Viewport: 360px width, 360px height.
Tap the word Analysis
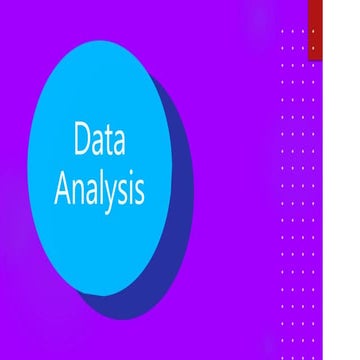tap(99, 189)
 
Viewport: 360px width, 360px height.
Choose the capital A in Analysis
tap(63, 188)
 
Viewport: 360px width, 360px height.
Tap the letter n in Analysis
tap(78, 191)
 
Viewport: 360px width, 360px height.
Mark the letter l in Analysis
tap(101, 187)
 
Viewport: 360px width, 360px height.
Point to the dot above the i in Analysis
tap(130, 178)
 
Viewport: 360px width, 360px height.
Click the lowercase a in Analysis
tap(91, 191)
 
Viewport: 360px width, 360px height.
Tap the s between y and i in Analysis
tap(122, 191)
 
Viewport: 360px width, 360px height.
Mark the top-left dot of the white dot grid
tap(283, 32)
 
